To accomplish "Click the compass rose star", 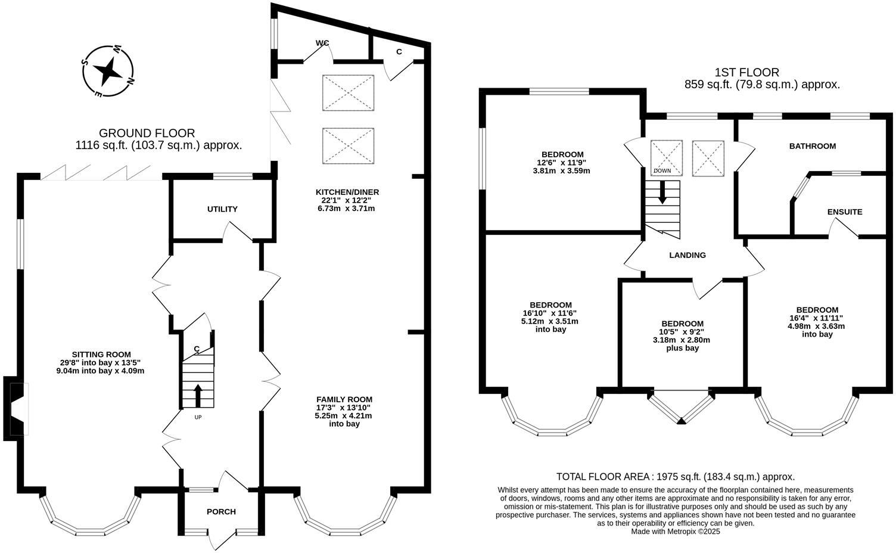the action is tap(108, 72).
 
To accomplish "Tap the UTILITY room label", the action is tap(222, 209).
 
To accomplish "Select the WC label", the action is tap(322, 43).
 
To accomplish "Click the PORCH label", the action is tap(221, 511).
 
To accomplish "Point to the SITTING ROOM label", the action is tap(101, 354).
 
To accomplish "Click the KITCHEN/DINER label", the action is tap(347, 192).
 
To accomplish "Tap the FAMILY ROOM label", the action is tap(344, 399).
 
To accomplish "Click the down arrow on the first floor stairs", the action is tap(662, 192).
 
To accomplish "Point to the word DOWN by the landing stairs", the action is tap(662, 171).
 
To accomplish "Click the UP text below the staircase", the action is tap(198, 417).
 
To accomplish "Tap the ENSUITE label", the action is tap(845, 212).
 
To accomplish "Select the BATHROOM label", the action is tap(813, 146).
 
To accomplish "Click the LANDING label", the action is tap(687, 255).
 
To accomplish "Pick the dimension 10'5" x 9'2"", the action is tap(682, 332).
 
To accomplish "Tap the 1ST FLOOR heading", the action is tap(747, 73).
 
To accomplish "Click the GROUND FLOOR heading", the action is tap(147, 133).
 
